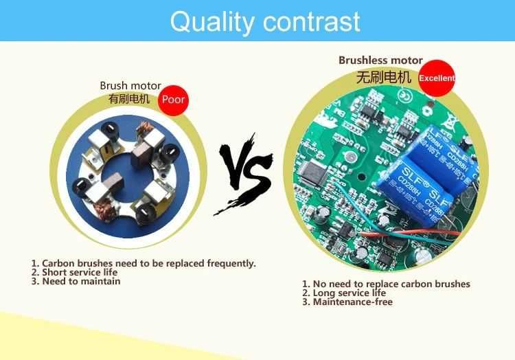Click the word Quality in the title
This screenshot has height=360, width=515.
[210, 21]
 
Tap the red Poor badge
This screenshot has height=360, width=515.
[173, 100]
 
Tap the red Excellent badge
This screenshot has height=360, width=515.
[437, 78]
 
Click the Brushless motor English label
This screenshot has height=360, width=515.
[380, 60]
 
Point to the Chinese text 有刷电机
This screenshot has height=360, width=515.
[128, 98]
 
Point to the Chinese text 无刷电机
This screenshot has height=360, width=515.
[383, 77]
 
